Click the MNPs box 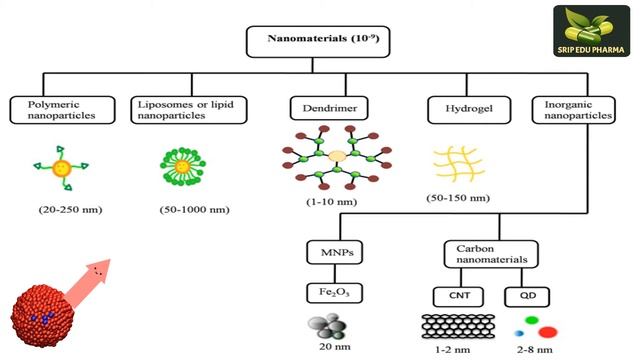click(332, 250)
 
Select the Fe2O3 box click(332, 294)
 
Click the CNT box click(453, 295)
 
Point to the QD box click(527, 295)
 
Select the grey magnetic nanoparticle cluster click(331, 327)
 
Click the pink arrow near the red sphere click(92, 272)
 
